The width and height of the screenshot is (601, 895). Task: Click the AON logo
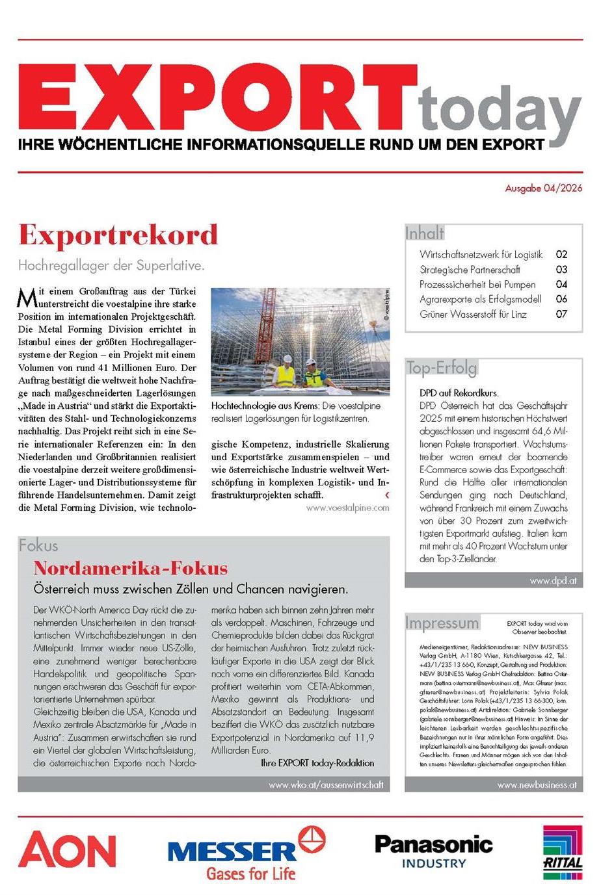tap(67, 850)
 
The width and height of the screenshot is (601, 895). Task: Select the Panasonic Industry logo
tap(434, 851)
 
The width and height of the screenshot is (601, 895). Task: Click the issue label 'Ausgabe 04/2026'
tap(543, 188)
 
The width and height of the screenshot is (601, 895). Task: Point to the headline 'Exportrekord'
tap(118, 235)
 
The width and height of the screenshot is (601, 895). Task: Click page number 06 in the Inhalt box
tap(561, 299)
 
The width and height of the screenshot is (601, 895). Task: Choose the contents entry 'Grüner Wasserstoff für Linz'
tap(473, 314)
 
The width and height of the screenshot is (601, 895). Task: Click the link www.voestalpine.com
tap(347, 508)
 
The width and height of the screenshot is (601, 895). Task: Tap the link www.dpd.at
tap(553, 580)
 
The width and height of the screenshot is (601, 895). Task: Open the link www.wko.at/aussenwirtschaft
tap(326, 785)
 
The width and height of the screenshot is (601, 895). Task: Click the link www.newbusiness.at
tap(537, 785)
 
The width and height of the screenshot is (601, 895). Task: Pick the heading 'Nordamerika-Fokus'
tap(131, 568)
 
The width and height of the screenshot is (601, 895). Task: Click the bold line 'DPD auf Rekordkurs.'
tap(459, 393)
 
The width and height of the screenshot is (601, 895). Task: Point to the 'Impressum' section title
tap(442, 623)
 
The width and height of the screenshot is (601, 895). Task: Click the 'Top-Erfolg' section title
tap(442, 368)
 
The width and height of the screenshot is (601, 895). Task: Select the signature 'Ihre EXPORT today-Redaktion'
tap(317, 762)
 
